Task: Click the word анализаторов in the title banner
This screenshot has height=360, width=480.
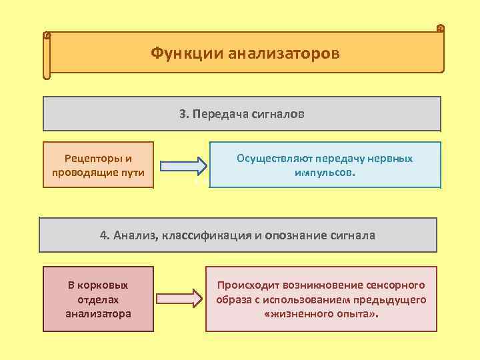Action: click(285, 52)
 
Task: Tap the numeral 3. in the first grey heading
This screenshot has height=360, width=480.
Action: click(184, 114)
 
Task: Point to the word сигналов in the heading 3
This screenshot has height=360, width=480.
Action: click(279, 114)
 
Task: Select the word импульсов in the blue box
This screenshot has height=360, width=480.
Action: click(323, 172)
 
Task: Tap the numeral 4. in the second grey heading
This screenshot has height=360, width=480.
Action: click(105, 235)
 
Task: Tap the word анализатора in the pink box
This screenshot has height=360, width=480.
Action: click(99, 313)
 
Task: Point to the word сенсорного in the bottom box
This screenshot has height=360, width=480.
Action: click(393, 285)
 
